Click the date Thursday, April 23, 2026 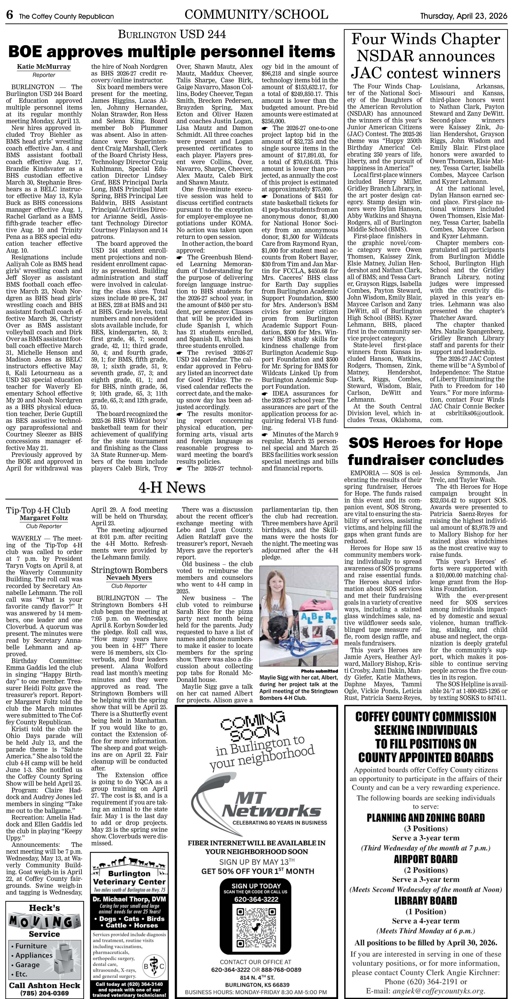464,16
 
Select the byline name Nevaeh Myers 129,578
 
